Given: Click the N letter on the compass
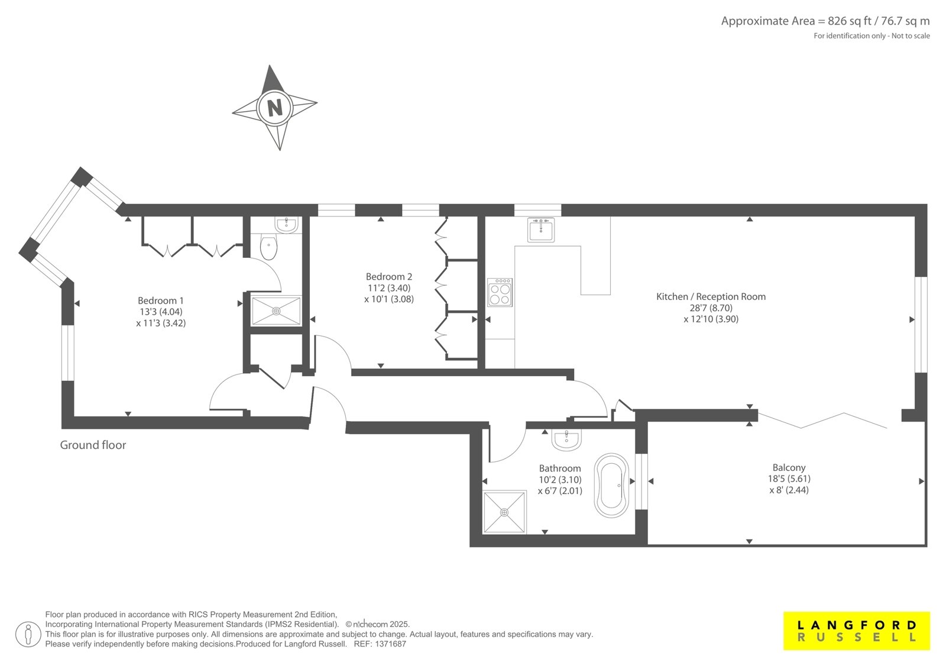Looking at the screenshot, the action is [x=275, y=108].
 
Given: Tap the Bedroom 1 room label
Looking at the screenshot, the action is [x=160, y=300].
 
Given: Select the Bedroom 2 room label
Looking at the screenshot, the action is [x=388, y=277].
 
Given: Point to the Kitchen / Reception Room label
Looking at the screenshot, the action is [x=711, y=297].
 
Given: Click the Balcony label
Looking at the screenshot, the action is [x=789, y=467].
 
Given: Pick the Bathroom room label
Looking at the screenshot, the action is [x=559, y=468].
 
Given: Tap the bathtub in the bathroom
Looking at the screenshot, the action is [x=611, y=486].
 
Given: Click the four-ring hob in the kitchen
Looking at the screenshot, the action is [x=500, y=292].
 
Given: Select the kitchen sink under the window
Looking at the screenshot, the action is [x=540, y=230].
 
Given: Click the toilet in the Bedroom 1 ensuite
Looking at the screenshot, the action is [x=268, y=247].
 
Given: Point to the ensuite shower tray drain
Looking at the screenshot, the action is [x=276, y=311].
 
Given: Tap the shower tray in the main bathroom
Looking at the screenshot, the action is [x=504, y=512].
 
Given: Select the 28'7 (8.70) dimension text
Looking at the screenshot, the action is [x=711, y=308].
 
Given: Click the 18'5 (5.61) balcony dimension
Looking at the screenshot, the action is [x=789, y=479].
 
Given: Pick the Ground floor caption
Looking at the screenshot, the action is [x=93, y=445].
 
